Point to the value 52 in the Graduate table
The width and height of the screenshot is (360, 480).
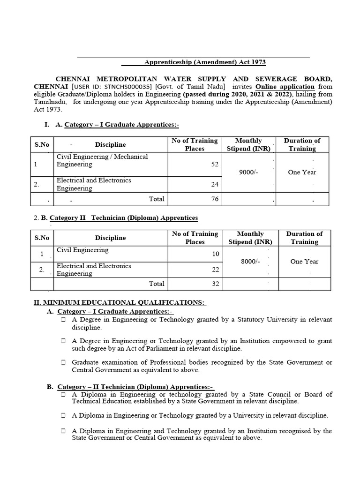pos(215,165)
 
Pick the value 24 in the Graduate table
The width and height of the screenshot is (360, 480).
pos(215,184)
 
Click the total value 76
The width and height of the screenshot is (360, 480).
pos(215,199)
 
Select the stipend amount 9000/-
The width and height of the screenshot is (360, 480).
pos(248,172)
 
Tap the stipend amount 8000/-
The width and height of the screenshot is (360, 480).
pos(250,262)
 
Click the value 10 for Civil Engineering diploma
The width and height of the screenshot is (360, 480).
pos(215,254)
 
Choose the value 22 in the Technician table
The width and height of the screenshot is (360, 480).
pos(215,270)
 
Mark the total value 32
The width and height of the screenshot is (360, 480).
pos(215,284)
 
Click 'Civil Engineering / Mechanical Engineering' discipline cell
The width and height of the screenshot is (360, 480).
pos(102,161)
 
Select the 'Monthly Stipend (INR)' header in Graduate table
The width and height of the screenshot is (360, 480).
pos(248,145)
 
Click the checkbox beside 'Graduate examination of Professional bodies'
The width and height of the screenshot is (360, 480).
pos(63,362)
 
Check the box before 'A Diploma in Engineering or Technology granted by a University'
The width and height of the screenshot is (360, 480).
pos(63,415)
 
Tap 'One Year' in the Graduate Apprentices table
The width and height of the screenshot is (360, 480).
pos(302,172)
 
